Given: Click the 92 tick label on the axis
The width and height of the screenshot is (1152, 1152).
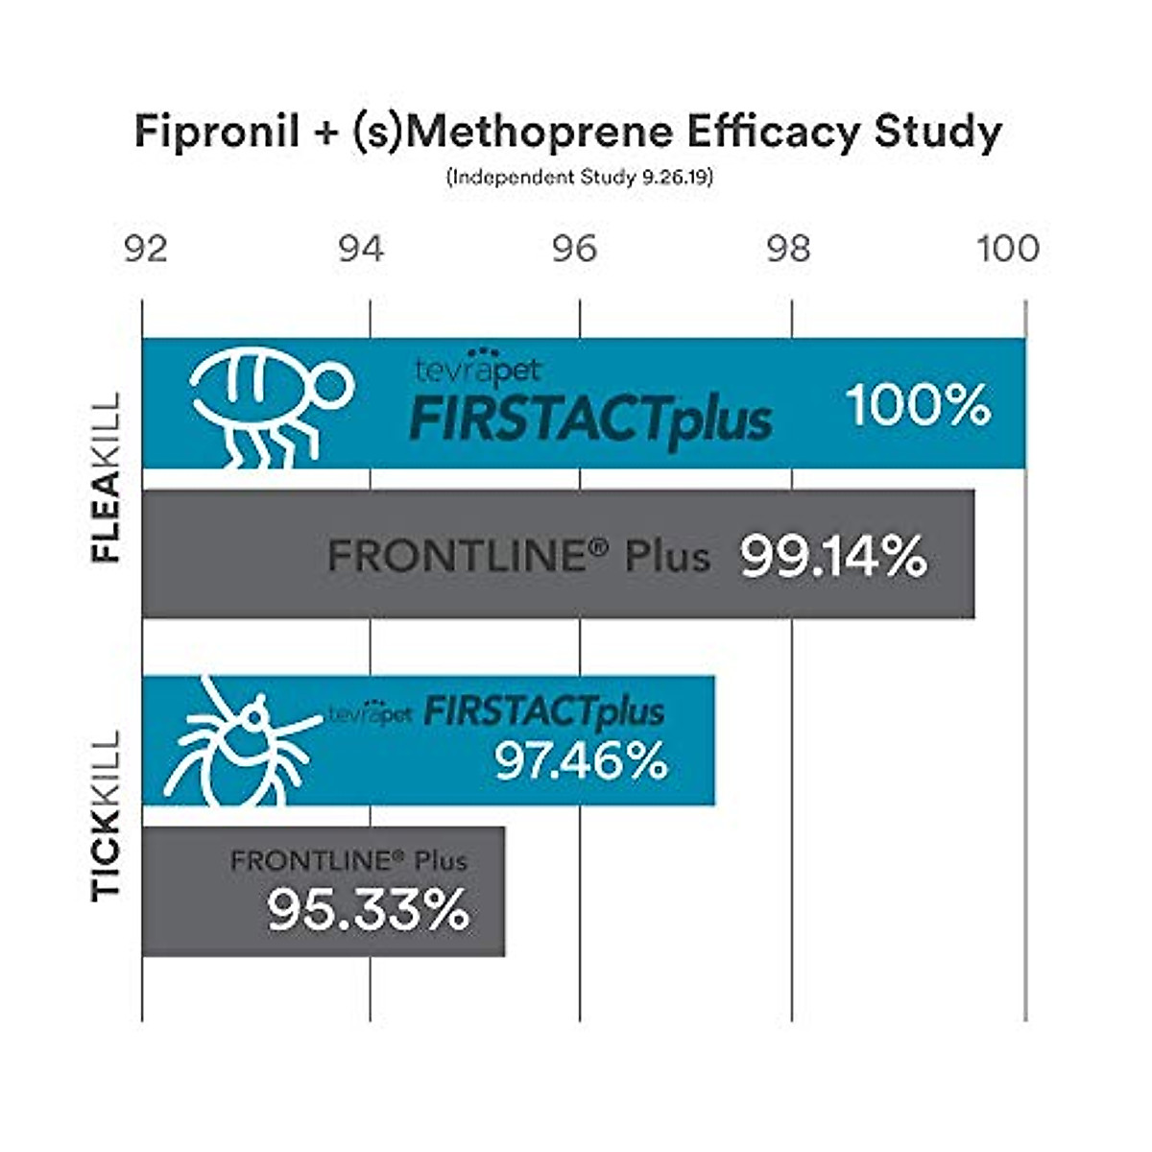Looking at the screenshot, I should point(146,249).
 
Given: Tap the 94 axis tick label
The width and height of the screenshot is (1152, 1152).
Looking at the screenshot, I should point(361,249).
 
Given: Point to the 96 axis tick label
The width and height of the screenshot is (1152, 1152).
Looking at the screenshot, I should point(574,249).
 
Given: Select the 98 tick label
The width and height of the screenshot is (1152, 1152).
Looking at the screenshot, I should point(788,249).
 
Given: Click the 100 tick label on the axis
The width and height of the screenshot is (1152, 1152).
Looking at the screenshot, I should point(1008,249).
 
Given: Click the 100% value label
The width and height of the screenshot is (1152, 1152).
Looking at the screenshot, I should point(918,404).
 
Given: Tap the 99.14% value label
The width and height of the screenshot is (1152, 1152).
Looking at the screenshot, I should point(833,556).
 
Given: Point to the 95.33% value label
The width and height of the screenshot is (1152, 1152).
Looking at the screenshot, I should point(368,909).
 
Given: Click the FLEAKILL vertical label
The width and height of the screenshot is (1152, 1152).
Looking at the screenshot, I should point(107,477).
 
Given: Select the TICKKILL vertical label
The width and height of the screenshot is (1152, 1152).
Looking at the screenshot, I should point(107,815).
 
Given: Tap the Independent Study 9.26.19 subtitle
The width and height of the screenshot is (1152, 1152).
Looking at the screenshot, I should point(579,178).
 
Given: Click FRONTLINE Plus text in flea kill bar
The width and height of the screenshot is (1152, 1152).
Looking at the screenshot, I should point(518,556).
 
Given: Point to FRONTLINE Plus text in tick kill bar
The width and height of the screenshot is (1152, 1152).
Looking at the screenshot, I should point(348,860).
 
